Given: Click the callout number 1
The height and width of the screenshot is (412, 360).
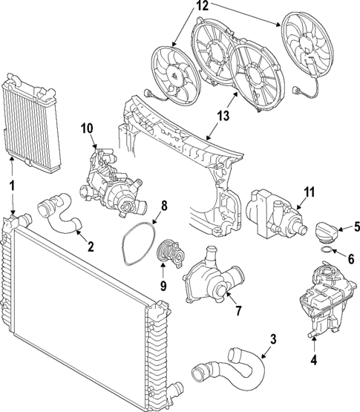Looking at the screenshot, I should click(12, 183).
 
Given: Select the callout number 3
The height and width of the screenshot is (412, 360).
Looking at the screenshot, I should click(273, 340).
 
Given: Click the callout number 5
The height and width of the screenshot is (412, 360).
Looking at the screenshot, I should click(356, 228).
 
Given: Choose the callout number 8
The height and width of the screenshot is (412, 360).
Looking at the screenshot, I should click(165, 206).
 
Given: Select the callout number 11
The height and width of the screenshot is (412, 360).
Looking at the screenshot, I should click(309, 192).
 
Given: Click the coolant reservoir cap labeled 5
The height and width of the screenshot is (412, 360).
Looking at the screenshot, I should click(330, 234).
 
